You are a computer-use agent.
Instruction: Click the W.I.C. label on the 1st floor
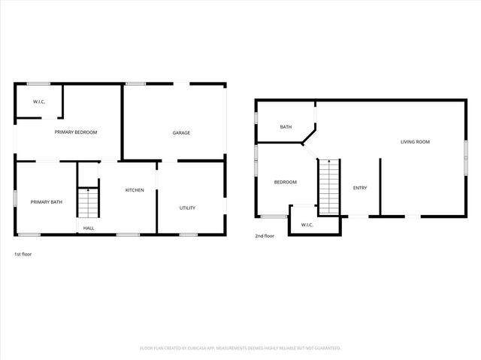(39, 101)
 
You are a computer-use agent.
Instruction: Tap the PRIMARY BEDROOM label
(76, 132)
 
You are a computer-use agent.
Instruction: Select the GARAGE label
(181, 133)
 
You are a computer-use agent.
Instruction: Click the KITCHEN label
(135, 190)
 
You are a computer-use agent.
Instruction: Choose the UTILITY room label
(187, 207)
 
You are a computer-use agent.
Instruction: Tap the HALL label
(89, 228)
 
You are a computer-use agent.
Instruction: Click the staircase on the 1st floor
(89, 201)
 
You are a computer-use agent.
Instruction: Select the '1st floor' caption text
(23, 254)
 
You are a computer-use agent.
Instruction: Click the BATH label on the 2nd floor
(286, 127)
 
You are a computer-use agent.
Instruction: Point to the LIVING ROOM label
(415, 141)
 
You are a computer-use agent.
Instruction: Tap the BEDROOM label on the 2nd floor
(285, 182)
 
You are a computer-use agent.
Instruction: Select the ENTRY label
(360, 187)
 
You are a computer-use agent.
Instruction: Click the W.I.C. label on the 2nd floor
(307, 225)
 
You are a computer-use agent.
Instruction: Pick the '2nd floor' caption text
(264, 236)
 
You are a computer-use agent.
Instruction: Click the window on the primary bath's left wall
(16, 198)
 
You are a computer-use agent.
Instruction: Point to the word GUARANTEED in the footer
(326, 348)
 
